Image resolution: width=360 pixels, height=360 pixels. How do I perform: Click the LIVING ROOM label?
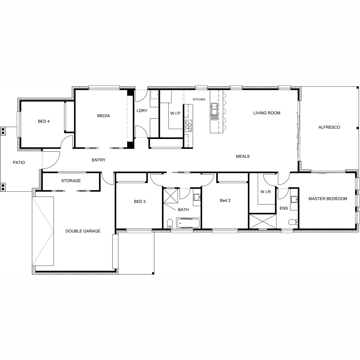pyautogui.click(x=267, y=113)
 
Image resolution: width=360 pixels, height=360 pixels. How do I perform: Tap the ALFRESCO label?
pyautogui.click(x=329, y=127)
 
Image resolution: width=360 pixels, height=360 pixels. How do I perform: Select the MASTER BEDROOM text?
pyautogui.click(x=328, y=199)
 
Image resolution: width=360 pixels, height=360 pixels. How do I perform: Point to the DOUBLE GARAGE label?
pyautogui.click(x=83, y=231)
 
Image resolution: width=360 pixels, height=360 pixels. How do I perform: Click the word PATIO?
pyautogui.click(x=19, y=163)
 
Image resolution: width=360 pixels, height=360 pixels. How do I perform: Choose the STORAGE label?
pyautogui.click(x=71, y=181)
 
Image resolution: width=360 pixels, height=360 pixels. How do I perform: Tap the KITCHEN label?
pyautogui.click(x=199, y=99)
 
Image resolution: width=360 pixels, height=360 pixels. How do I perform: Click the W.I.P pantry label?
pyautogui.click(x=175, y=113)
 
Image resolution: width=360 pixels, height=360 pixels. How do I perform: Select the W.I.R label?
pyautogui.click(x=265, y=192)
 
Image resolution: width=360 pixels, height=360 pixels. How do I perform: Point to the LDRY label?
pyautogui.click(x=142, y=111)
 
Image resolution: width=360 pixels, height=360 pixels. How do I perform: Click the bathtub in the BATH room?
pyautogui.click(x=188, y=223)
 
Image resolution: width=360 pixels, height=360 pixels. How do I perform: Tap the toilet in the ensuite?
pyautogui.click(x=293, y=222)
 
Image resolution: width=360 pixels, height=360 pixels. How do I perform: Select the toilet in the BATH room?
pyautogui.click(x=169, y=223)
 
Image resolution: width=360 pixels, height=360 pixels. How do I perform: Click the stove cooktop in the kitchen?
pyautogui.click(x=188, y=126)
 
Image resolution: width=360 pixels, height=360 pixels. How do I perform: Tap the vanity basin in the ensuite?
pyautogui.click(x=294, y=199)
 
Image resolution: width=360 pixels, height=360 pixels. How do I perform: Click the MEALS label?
pyautogui.click(x=243, y=156)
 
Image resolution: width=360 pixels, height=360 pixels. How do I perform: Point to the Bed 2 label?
pyautogui.click(x=225, y=200)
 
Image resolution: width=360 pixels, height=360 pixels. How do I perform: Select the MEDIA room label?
pyautogui.click(x=103, y=116)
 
